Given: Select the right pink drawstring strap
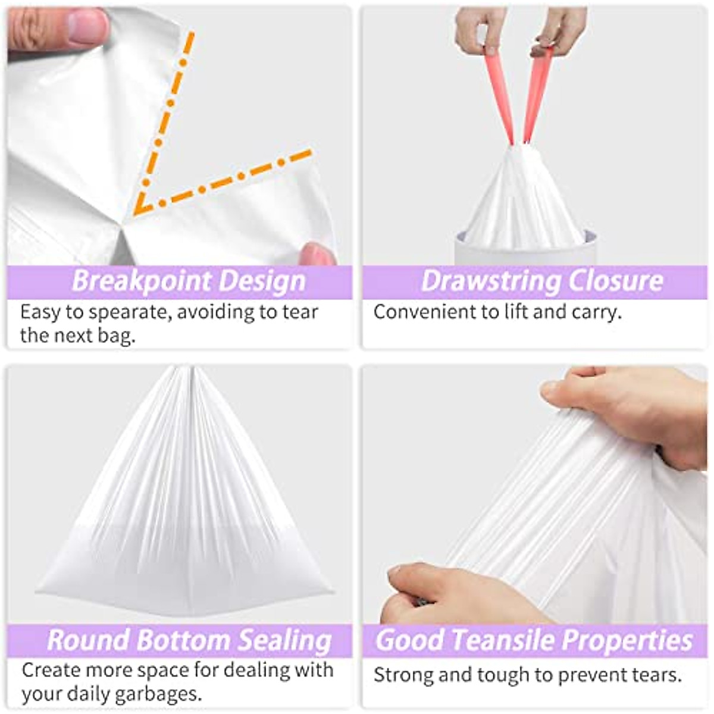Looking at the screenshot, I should point(537,95).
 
